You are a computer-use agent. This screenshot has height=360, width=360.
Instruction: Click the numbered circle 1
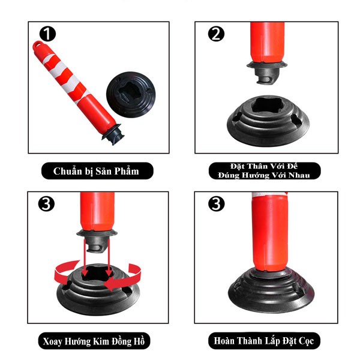tap(47, 34)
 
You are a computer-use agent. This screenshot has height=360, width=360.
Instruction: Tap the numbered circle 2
tap(216, 34)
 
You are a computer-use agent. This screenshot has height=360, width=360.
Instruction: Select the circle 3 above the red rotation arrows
tap(46, 203)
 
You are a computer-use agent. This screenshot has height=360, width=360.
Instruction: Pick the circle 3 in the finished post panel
tap(216, 203)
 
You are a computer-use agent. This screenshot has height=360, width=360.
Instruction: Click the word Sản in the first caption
tap(103, 171)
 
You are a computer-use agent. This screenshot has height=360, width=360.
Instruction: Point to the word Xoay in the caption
tap(52, 341)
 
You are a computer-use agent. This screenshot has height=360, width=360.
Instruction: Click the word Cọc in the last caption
tap(306, 341)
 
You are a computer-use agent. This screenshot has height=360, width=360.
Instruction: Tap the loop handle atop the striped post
tap(38, 45)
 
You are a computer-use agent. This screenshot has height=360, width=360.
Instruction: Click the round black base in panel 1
tap(131, 95)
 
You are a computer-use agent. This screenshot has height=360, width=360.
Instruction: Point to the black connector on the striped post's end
tap(113, 134)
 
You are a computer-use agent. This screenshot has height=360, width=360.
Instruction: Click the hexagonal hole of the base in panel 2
tap(269, 106)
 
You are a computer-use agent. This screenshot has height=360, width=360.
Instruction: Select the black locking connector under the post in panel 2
tap(267, 73)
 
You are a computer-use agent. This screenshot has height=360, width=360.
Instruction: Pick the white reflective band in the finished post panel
tap(269, 195)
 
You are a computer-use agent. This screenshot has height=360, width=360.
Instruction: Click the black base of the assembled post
tap(271, 291)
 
